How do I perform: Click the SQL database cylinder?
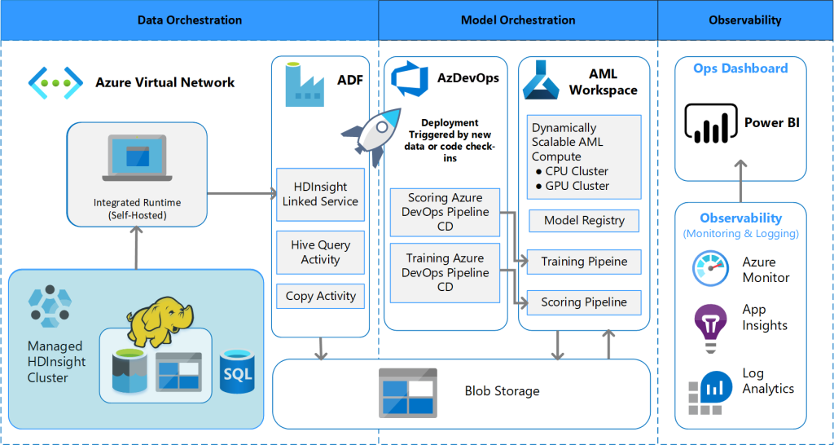[x=238, y=370]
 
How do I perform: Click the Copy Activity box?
[x=320, y=297]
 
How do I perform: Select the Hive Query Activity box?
[x=320, y=252]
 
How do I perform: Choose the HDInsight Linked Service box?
[x=320, y=194]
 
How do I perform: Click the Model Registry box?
[x=583, y=220]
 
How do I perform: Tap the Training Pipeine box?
[x=583, y=262]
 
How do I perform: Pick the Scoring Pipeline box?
[x=583, y=302]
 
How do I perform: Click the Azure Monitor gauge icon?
[x=709, y=270]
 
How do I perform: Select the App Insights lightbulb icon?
[x=709, y=318]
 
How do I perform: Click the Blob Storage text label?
[x=502, y=391]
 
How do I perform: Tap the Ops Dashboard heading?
[x=740, y=68]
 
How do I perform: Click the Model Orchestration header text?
[x=518, y=20]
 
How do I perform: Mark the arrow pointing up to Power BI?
[x=740, y=180]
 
